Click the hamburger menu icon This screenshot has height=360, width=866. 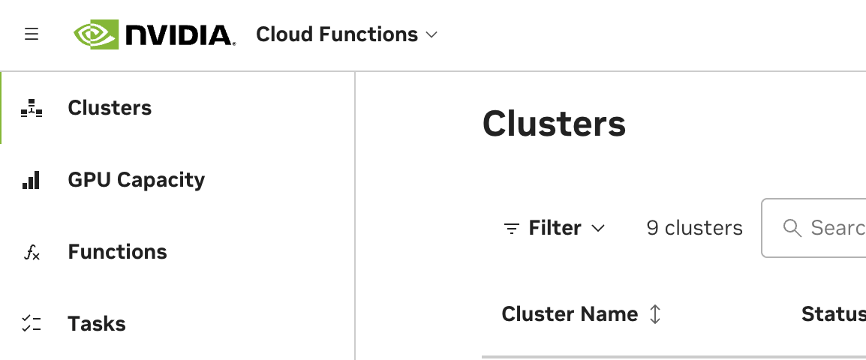32,34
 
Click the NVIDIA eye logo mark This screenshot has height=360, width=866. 96,34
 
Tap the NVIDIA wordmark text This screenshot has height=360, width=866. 180,35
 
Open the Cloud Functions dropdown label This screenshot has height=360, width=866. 337,34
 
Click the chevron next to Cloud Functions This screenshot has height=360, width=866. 431,35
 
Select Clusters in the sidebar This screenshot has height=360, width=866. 110,108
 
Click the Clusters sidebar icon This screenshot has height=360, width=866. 32,109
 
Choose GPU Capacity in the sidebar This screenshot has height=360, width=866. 136,180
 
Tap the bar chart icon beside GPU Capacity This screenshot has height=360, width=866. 32,180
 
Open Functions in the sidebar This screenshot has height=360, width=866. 117,252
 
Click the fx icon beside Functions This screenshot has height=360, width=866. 32,253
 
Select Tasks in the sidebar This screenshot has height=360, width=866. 97,324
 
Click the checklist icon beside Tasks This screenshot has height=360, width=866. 32,324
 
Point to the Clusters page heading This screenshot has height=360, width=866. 554,124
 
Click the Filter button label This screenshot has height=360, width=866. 555,228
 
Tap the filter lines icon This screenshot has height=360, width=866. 512,229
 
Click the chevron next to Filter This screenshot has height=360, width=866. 598,228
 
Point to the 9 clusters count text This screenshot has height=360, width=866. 694,228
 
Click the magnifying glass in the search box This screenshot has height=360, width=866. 792,228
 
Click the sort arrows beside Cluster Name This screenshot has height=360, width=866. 655,314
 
